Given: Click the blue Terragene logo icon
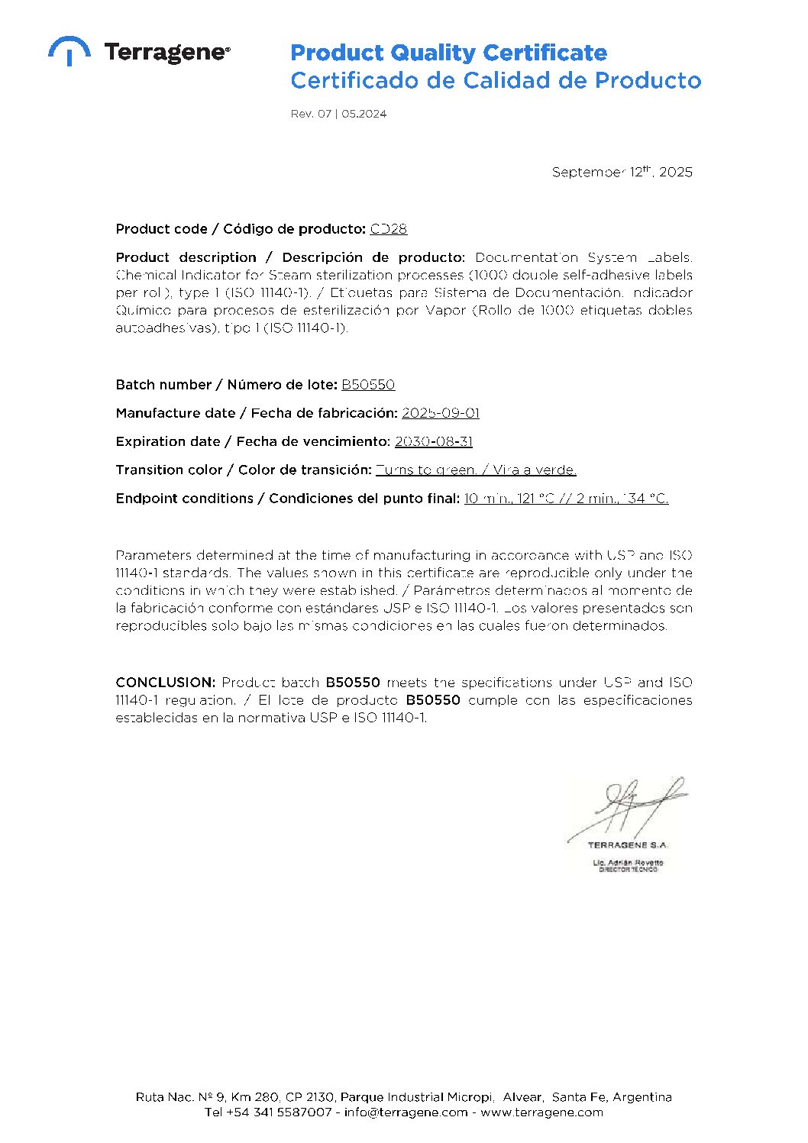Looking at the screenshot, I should pos(69,50).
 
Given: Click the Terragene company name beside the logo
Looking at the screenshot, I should pos(166,52).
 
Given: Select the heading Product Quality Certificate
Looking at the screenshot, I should pos(448,53).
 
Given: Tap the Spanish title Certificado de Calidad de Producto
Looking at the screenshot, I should pos(495,80).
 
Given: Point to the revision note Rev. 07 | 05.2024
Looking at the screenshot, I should pos(338,114).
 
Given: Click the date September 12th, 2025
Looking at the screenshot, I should pos(622,172).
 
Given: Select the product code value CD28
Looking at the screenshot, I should pos(388,228).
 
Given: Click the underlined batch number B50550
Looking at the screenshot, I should pos(367,385).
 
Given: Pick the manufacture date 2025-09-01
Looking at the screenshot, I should pos(440,413).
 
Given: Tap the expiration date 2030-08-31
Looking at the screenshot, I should pos(433,441).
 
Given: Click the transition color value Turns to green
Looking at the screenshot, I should pos(426,470).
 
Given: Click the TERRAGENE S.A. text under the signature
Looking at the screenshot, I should pos(628,845).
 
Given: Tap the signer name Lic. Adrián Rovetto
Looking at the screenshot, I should pos(628,863).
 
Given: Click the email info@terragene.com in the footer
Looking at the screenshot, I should pos(406,1112).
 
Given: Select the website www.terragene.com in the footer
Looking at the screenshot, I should pos(541,1112).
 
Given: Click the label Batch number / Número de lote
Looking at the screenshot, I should pos(226,385).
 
